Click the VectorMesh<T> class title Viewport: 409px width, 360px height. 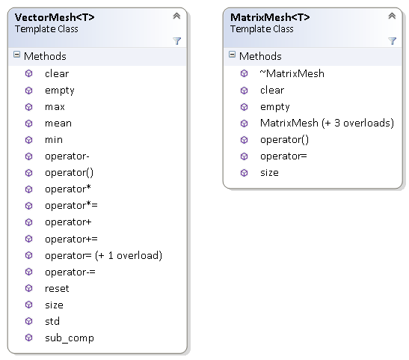pyautogui.click(x=55, y=17)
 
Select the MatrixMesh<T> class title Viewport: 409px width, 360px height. pyautogui.click(x=270, y=17)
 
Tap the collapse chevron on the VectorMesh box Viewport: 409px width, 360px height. pyautogui.click(x=176, y=16)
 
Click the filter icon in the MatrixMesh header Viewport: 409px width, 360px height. pyautogui.click(x=392, y=41)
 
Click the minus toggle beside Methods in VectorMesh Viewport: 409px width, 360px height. pyautogui.click(x=16, y=55)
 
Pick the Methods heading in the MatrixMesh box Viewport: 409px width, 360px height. pyautogui.click(x=260, y=56)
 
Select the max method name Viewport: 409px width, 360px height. pyautogui.click(x=55, y=107)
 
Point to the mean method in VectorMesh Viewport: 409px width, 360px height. pyautogui.click(x=58, y=123)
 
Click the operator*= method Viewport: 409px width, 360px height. pyautogui.click(x=71, y=206)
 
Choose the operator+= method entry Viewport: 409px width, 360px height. pyautogui.click(x=71, y=239)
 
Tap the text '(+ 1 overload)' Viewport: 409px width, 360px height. pyautogui.click(x=129, y=255)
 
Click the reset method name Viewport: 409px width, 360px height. pyautogui.click(x=57, y=288)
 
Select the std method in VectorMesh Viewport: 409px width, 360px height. pyautogui.click(x=52, y=321)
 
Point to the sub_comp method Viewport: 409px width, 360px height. pyautogui.click(x=70, y=338)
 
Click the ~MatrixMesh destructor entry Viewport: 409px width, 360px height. pyautogui.click(x=292, y=73)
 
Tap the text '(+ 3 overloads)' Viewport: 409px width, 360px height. pyautogui.click(x=357, y=123)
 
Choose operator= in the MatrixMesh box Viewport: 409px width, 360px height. pyautogui.click(x=283, y=156)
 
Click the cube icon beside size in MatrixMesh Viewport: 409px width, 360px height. pyautogui.click(x=245, y=173)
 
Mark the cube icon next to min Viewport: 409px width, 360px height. pyautogui.click(x=28, y=140)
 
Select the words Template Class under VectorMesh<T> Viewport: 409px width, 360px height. pyautogui.click(x=46, y=29)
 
